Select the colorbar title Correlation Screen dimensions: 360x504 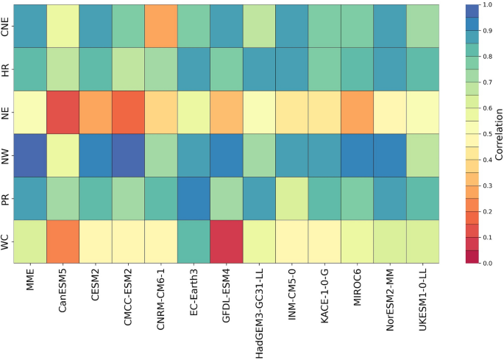point(499,134)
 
